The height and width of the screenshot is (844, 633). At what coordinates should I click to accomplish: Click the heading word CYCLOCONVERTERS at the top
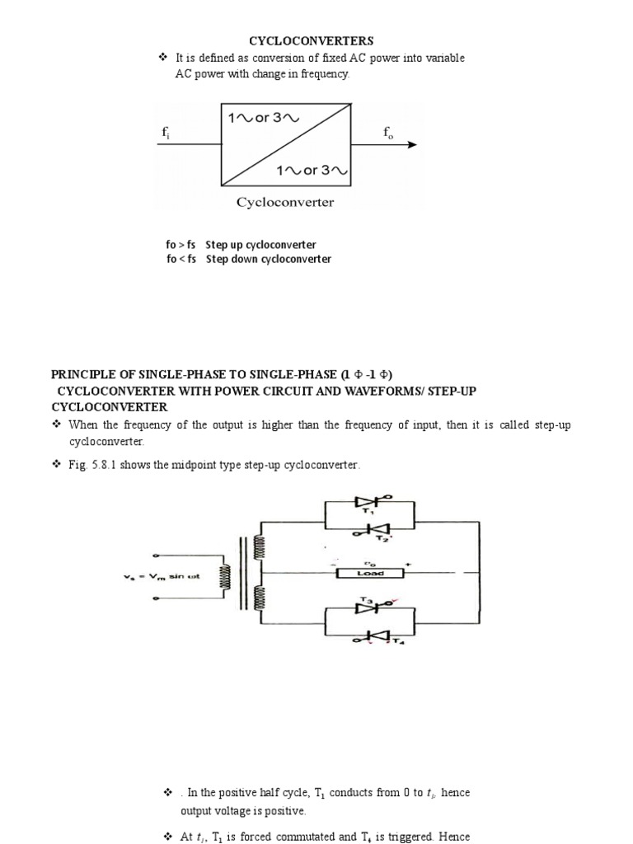(312, 40)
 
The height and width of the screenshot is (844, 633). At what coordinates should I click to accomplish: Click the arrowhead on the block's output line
(411, 145)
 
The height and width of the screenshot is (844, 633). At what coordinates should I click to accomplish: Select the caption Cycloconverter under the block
(285, 202)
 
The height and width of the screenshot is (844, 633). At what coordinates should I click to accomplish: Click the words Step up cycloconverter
(260, 245)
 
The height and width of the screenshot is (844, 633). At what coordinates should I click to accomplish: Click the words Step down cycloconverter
(268, 259)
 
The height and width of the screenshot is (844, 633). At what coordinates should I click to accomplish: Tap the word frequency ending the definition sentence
(324, 74)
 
